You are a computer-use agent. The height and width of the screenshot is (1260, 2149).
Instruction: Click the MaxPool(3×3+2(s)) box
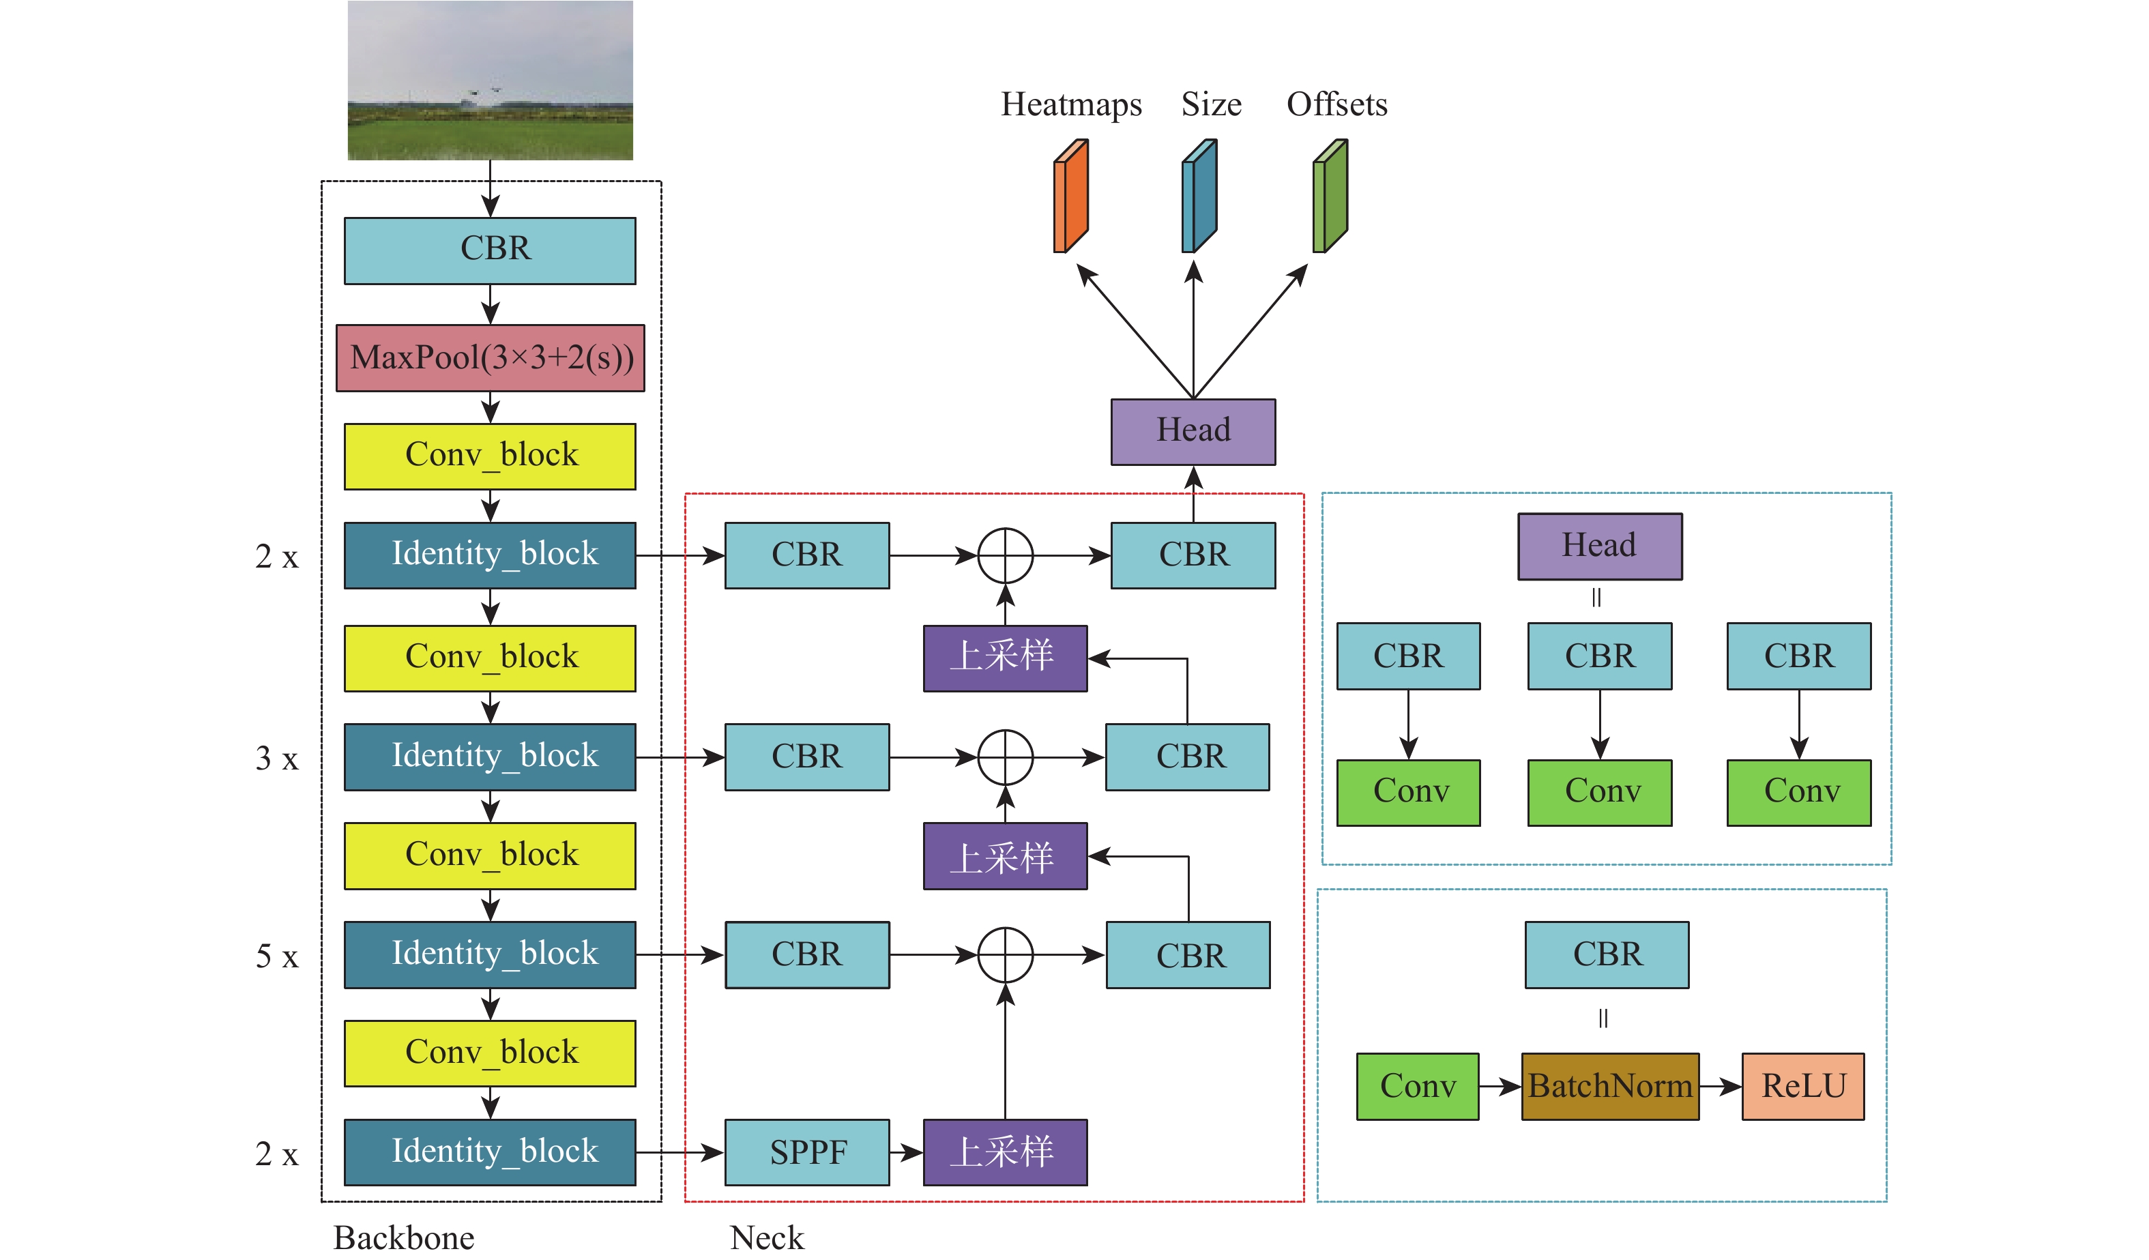pyautogui.click(x=491, y=358)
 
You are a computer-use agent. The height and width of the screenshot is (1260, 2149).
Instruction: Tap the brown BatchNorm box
pyautogui.click(x=1610, y=1086)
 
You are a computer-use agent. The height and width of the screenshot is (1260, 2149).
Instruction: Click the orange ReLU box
pyautogui.click(x=1802, y=1086)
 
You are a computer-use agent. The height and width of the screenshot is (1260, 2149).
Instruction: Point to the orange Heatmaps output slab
pyautogui.click(x=1071, y=196)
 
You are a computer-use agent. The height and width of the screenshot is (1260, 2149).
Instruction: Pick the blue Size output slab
pyautogui.click(x=1199, y=196)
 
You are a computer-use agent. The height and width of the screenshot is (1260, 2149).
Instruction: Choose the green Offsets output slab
pyautogui.click(x=1330, y=196)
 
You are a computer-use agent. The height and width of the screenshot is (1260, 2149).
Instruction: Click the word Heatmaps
pyautogui.click(x=1071, y=104)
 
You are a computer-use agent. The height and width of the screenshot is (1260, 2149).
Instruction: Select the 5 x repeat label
pyautogui.click(x=277, y=956)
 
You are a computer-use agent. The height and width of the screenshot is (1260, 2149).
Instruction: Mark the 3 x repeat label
pyautogui.click(x=277, y=758)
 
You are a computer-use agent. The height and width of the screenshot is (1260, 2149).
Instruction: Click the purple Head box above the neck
pyautogui.click(x=1193, y=431)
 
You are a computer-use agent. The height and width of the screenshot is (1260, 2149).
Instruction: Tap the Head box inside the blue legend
pyautogui.click(x=1600, y=546)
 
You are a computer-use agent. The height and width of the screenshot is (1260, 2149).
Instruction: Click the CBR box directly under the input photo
pyautogui.click(x=491, y=250)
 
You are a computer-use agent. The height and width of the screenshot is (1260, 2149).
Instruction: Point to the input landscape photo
pyautogui.click(x=491, y=80)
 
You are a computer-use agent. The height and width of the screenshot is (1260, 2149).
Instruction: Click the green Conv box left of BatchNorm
pyautogui.click(x=1418, y=1086)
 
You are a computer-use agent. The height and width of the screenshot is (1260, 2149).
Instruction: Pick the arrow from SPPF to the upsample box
pyautogui.click(x=907, y=1153)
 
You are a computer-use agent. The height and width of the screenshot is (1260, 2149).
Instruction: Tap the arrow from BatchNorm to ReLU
pyautogui.click(x=1720, y=1086)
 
